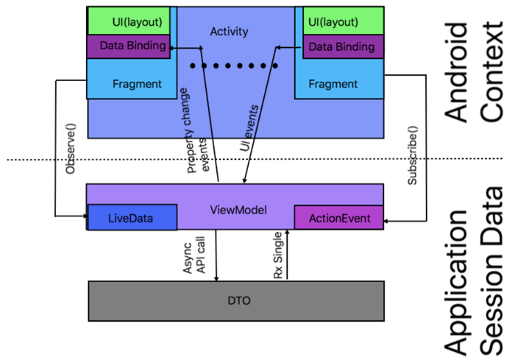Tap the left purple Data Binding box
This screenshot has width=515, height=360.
tap(132, 46)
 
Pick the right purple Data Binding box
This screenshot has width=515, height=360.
tap(339, 46)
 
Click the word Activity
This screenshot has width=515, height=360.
tap(229, 32)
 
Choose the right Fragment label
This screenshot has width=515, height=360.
tap(333, 84)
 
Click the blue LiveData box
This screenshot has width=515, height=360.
tap(132, 219)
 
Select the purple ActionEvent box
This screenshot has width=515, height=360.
tap(339, 219)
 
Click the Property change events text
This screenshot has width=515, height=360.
tap(196, 133)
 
